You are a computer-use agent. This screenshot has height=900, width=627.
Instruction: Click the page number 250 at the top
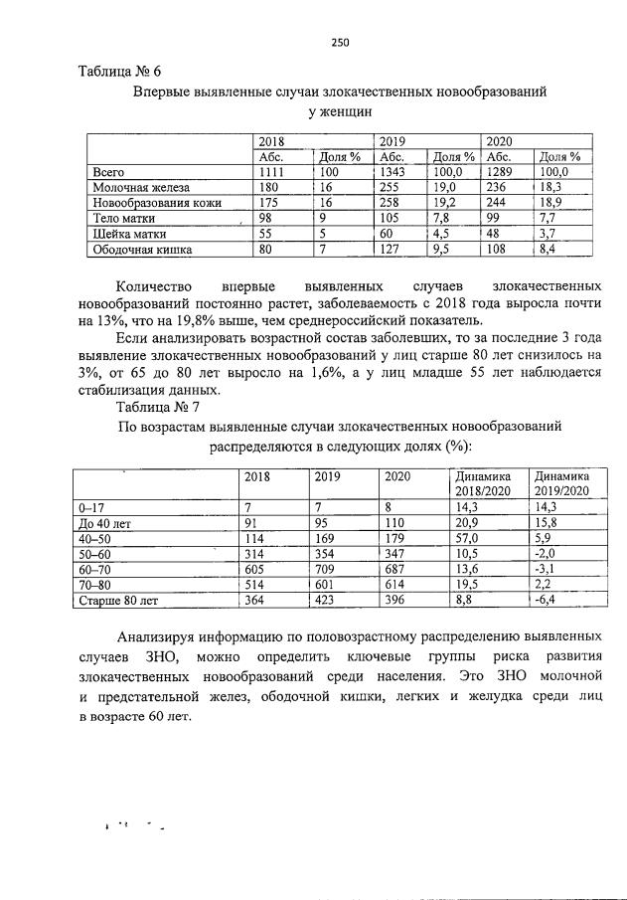coord(339,42)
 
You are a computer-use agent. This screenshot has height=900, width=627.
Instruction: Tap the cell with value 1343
coord(391,172)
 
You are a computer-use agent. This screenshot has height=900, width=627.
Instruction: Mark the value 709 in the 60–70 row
coord(325,569)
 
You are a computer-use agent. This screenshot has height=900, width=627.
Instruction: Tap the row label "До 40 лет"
coord(105,522)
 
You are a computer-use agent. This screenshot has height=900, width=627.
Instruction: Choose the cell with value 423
coord(325,601)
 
